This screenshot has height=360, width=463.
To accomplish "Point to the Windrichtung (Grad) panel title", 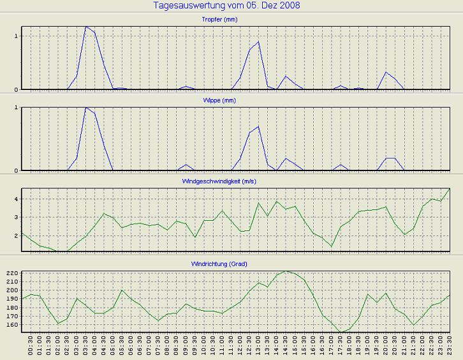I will tap(236, 264).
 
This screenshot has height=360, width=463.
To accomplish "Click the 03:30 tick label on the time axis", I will tap(86, 347).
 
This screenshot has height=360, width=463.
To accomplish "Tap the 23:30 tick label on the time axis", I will tap(450, 347).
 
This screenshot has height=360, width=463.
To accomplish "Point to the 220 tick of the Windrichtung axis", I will tap(12, 273).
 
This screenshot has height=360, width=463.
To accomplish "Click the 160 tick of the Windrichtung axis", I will tap(12, 325).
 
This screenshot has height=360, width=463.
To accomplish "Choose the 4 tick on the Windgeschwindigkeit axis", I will tap(17, 199).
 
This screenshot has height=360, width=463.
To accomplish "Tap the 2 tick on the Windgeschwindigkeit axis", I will tap(17, 236).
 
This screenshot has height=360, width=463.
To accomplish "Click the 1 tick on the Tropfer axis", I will tap(17, 36).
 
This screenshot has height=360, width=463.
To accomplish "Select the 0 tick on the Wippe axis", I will tap(17, 170).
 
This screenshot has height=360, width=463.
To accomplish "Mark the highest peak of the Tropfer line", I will tap(86, 27).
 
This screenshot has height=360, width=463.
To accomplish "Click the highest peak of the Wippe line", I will tap(86, 108).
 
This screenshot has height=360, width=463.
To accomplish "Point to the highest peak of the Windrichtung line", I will tap(286, 271).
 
